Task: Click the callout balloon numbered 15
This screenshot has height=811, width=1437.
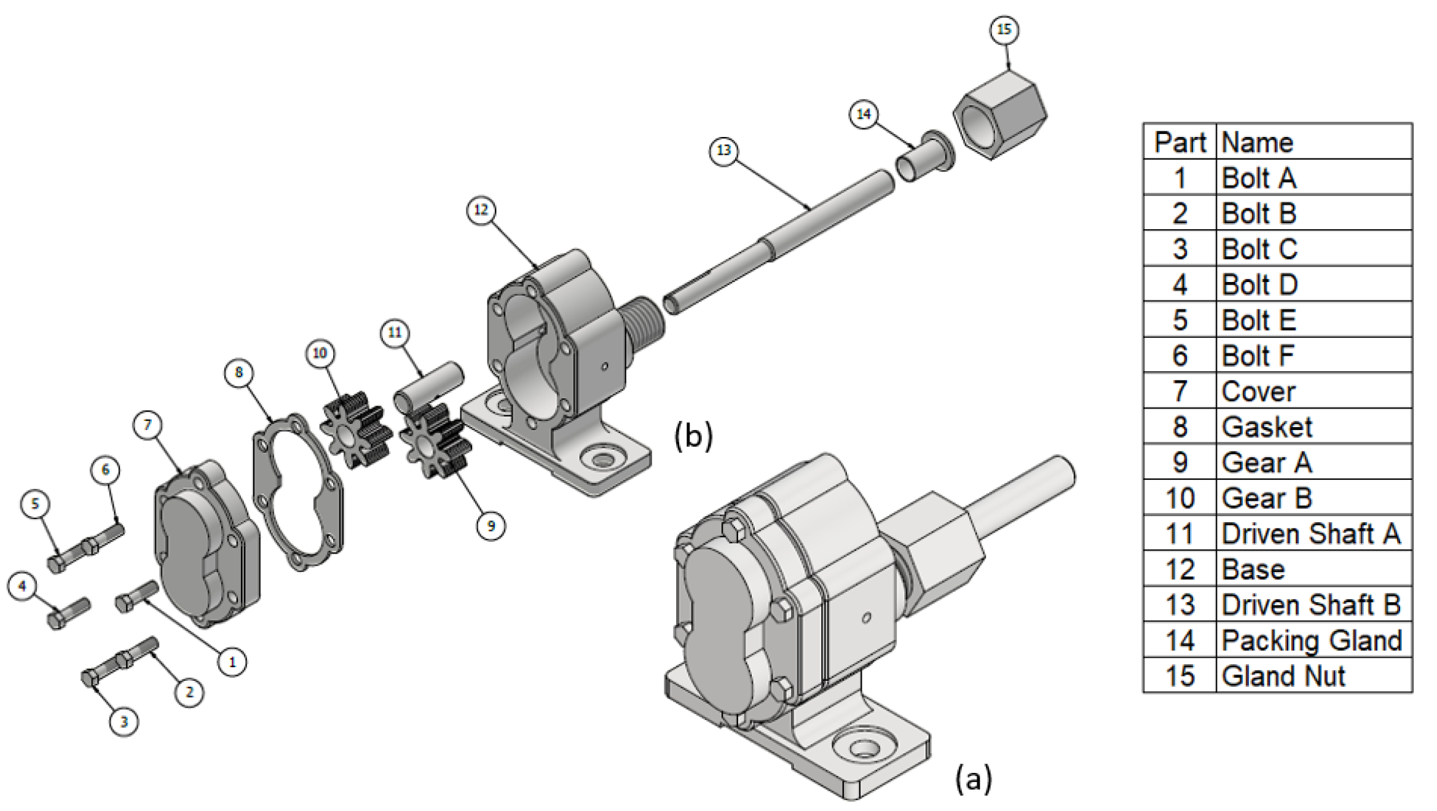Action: point(1004,29)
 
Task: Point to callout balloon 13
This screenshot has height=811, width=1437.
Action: point(724,151)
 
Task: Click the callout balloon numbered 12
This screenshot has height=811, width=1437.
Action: point(481,210)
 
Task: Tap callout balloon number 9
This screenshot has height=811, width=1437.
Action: point(490,526)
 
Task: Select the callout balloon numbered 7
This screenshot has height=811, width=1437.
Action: point(148,425)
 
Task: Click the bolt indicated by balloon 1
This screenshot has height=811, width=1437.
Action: point(136,597)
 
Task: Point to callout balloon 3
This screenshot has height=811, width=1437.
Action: point(124,721)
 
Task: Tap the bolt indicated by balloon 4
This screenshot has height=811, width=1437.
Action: point(68,613)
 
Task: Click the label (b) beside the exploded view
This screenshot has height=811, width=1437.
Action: point(693,436)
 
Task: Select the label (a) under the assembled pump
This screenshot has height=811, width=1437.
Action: point(973,778)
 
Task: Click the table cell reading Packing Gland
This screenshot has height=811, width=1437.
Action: point(1312,640)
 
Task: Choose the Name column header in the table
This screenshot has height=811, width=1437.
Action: point(1257,143)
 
